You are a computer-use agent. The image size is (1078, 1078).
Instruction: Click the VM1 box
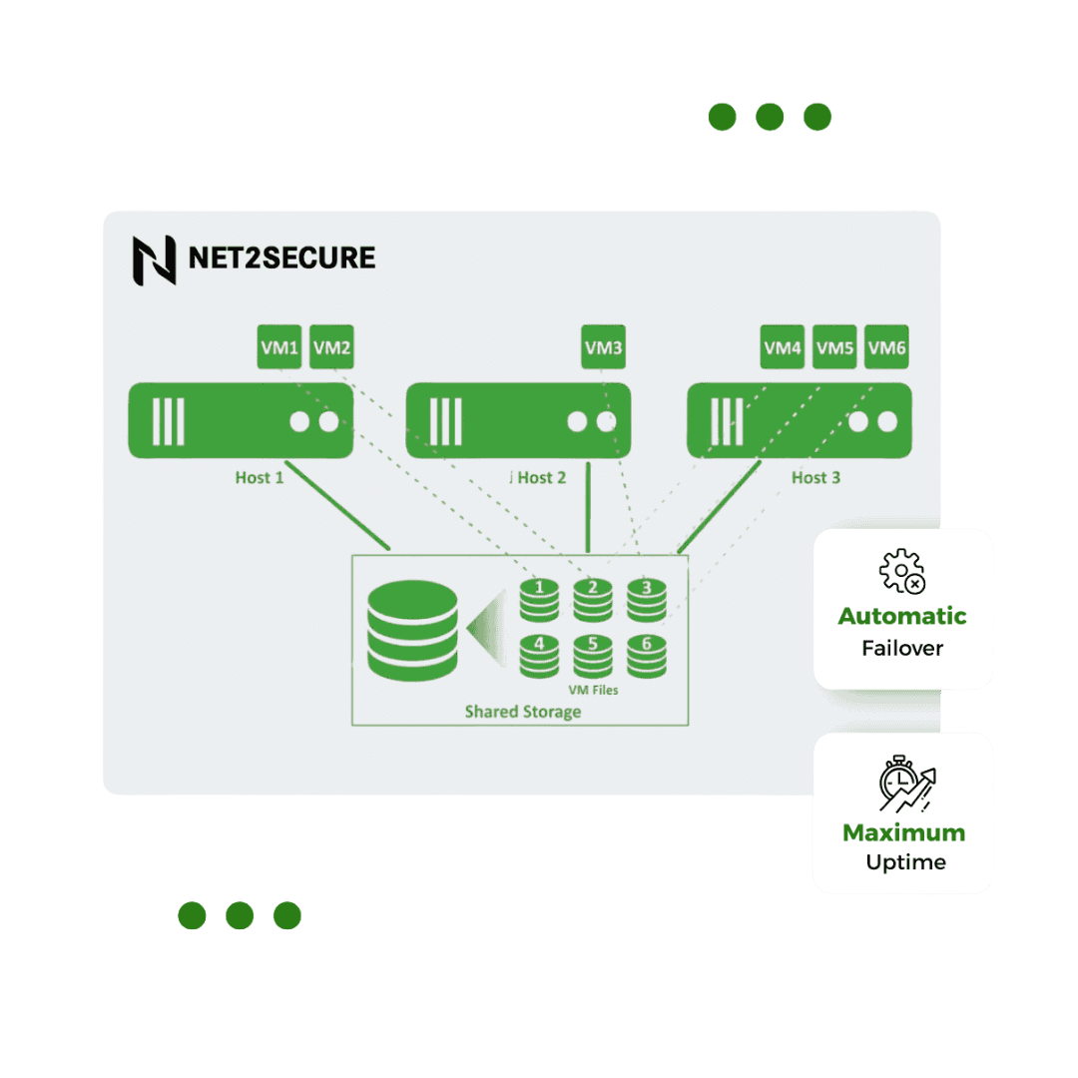(279, 347)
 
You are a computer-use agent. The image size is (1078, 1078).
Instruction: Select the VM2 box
(331, 347)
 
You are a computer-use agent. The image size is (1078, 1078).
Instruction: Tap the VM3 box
(604, 347)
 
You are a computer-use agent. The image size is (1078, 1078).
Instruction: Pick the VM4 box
(783, 347)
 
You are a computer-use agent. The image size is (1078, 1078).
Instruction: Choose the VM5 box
(834, 347)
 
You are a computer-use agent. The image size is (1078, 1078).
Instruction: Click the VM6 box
(886, 347)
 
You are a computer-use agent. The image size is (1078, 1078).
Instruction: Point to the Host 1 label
(260, 477)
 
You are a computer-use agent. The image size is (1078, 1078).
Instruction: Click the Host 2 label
(541, 477)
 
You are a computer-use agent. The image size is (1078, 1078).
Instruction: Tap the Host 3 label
(815, 477)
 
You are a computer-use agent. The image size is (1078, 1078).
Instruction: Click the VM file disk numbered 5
(593, 655)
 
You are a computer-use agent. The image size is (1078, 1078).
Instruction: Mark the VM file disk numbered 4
(540, 655)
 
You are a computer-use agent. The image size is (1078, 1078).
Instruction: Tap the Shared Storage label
(522, 712)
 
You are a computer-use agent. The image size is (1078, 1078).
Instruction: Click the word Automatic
(902, 616)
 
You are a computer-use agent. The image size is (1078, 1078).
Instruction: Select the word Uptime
(905, 862)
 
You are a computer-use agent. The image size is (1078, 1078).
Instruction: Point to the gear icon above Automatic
(900, 571)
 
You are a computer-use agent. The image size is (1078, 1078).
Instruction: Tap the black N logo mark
(154, 260)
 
